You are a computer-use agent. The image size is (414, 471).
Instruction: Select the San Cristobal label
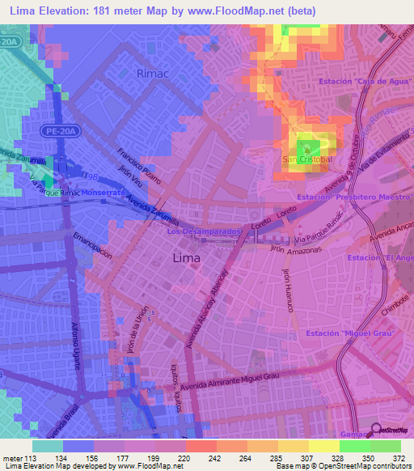(x=306, y=159)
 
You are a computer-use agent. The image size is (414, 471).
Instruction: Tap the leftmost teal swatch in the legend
(x=47, y=445)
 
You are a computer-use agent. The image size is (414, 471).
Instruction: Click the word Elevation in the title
(x=72, y=11)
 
